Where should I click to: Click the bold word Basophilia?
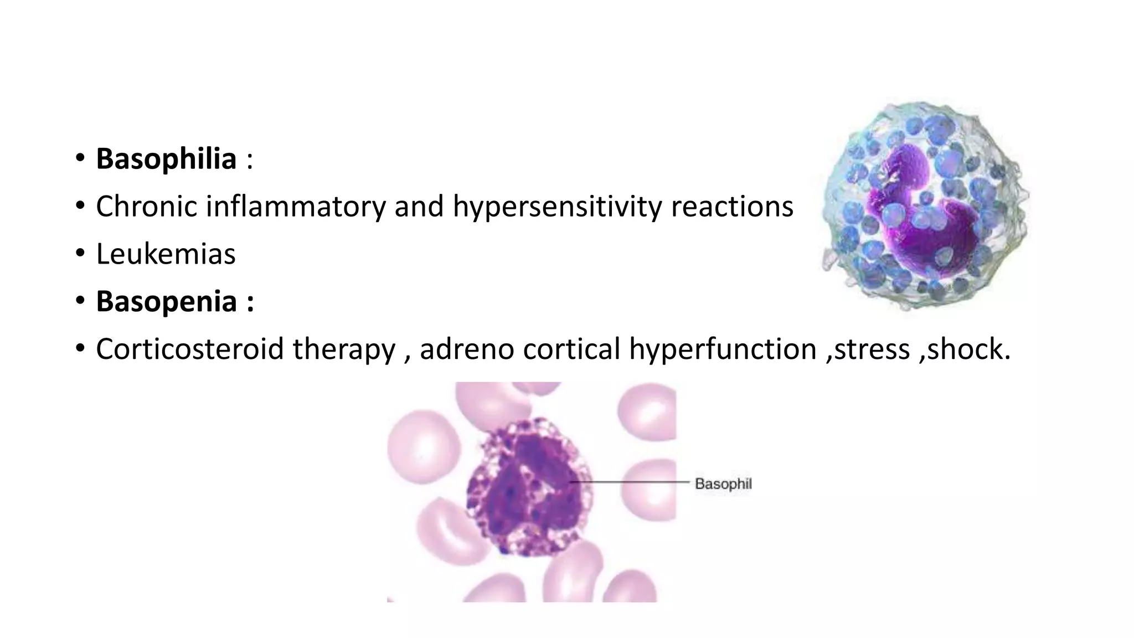tap(166, 159)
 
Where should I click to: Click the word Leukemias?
tap(166, 254)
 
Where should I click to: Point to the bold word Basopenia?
tap(166, 302)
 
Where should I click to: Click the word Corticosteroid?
tap(189, 349)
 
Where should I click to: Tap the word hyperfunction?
tap(723, 349)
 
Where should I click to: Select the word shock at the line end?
tap(966, 349)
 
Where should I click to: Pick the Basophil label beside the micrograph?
tap(723, 484)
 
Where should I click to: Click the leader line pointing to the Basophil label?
tap(631, 482)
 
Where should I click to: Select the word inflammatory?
tap(295, 207)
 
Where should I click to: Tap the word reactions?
tap(732, 207)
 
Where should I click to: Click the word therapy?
tap(344, 349)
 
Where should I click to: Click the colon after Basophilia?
tap(250, 160)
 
